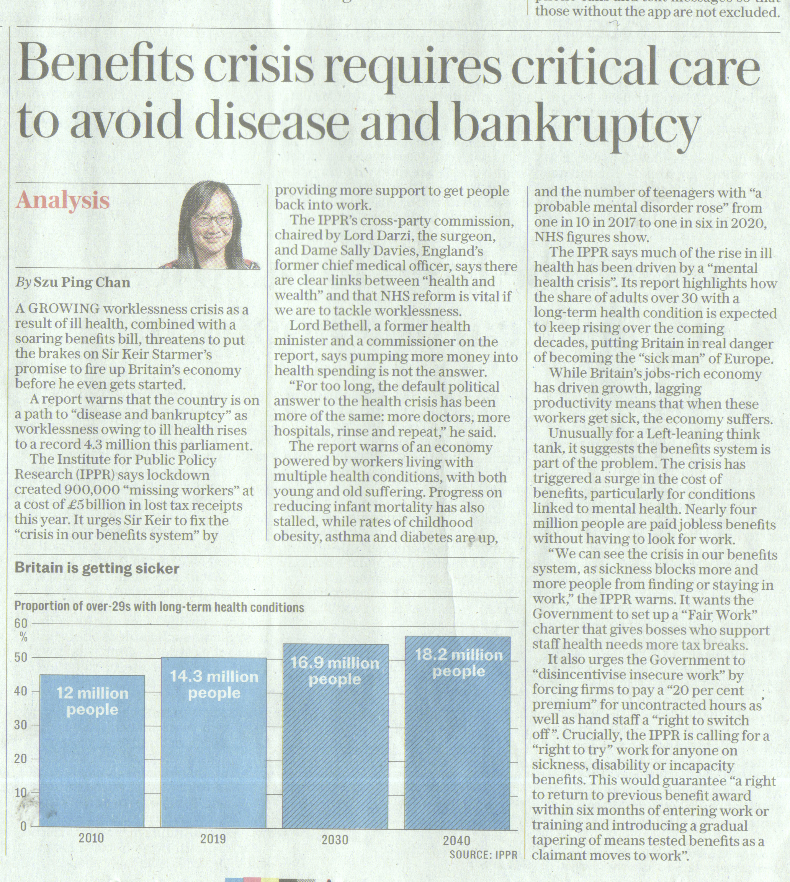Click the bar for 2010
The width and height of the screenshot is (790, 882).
pyautogui.click(x=92, y=751)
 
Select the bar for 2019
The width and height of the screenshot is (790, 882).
pyautogui.click(x=214, y=743)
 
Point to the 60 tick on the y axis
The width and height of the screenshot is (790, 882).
pyautogui.click(x=22, y=624)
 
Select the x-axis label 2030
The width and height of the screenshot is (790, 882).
pyautogui.click(x=335, y=840)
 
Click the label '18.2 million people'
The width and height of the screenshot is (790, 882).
pyautogui.click(x=459, y=663)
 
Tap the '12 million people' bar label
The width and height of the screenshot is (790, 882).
pyautogui.click(x=92, y=702)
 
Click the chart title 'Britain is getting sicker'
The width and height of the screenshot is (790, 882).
pyautogui.click(x=97, y=569)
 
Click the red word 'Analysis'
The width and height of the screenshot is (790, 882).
pyautogui.click(x=63, y=201)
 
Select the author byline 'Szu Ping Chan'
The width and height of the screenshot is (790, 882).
pyautogui.click(x=82, y=283)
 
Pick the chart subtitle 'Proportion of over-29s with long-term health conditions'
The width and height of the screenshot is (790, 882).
pyautogui.click(x=159, y=607)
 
